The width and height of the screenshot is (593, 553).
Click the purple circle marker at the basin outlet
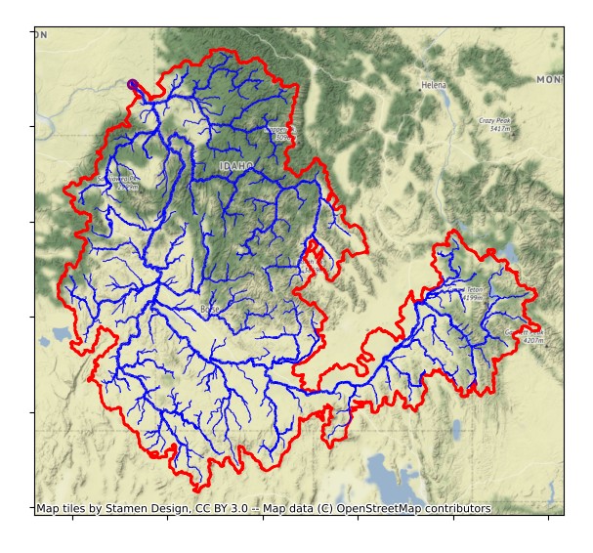133,85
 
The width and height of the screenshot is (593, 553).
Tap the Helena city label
433,86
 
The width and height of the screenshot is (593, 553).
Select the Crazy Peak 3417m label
495,124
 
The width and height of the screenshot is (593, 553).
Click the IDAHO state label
235,167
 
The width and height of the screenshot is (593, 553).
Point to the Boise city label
209,310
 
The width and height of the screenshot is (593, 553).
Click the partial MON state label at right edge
549,79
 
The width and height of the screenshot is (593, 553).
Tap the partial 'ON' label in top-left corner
41,35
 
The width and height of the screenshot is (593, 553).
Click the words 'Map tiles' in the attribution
58,509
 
